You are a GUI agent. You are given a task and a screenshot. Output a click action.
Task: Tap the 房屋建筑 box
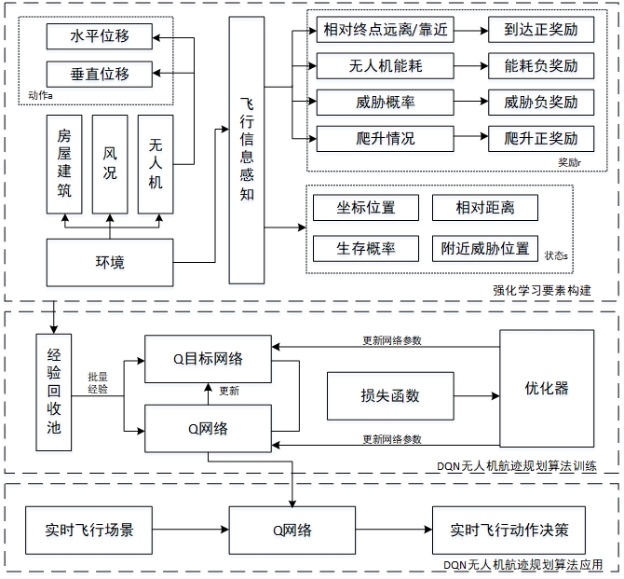[x=64, y=164]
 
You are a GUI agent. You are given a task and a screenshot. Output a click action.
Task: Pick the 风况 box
[x=110, y=164]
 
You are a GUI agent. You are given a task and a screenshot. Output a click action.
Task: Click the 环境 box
[x=110, y=262]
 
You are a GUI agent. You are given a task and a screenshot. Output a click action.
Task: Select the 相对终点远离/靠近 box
[x=384, y=30]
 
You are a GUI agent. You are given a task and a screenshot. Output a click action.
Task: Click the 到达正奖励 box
[x=541, y=30]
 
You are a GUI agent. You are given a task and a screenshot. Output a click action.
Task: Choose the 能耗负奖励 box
[x=541, y=66]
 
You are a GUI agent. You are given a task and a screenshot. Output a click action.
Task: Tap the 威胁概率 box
[x=384, y=103]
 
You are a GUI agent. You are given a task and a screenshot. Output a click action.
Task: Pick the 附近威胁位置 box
[x=485, y=248]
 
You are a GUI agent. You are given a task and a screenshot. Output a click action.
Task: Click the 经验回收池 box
[x=53, y=391]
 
